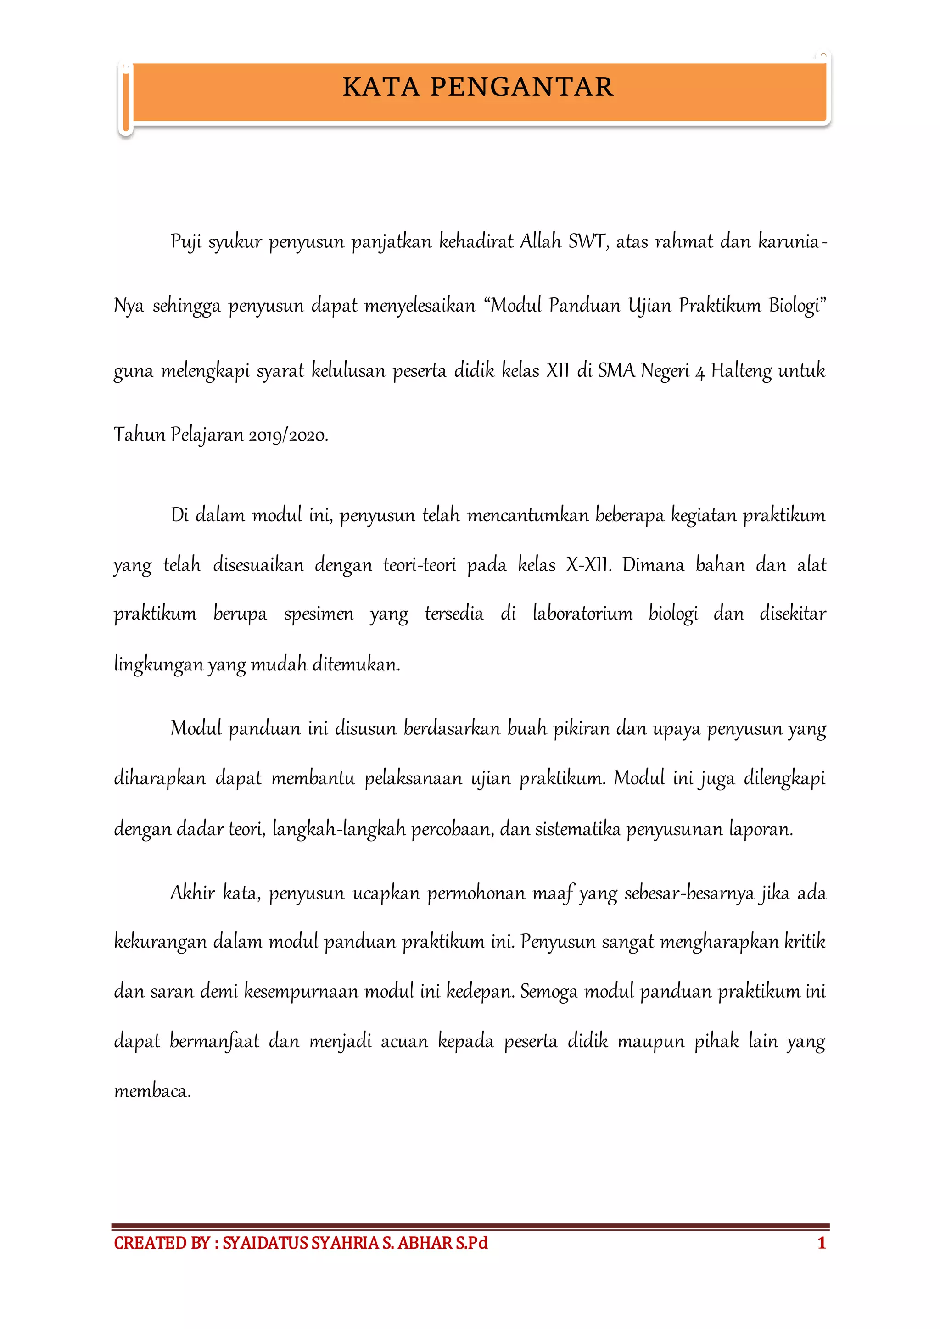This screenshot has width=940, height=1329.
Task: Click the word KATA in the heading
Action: (380, 87)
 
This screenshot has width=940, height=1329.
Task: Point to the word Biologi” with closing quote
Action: (797, 306)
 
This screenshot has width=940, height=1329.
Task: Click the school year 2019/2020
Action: (288, 435)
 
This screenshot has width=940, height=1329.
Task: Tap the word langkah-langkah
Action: (339, 829)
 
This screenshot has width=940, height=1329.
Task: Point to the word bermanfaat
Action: (214, 1041)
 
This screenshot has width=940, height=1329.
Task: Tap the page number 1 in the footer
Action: (821, 1243)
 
